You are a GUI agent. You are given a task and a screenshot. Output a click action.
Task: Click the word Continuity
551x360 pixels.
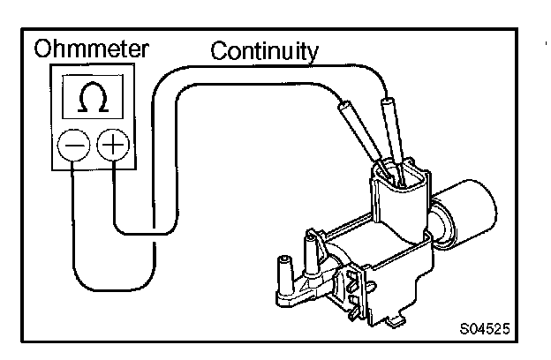tap(263, 50)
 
